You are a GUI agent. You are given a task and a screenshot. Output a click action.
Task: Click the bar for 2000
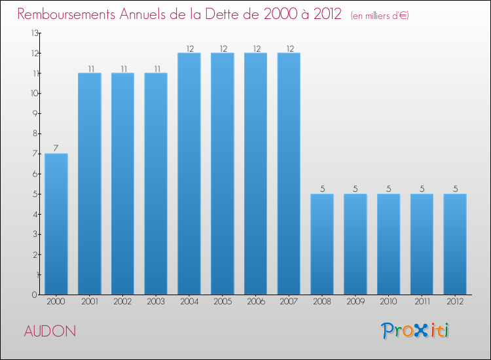click(x=56, y=224)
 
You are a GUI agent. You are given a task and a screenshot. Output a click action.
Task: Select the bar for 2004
click(x=189, y=173)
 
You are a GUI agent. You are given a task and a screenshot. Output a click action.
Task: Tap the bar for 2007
click(x=289, y=173)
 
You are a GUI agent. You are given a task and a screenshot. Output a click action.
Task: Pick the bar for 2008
click(x=322, y=244)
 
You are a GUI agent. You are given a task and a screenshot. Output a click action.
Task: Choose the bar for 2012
click(x=455, y=244)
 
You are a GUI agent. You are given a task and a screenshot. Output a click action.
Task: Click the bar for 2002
click(x=122, y=183)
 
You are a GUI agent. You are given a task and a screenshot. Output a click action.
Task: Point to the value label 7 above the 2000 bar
click(x=56, y=149)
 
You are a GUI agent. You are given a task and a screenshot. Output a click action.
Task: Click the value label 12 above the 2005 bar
click(x=223, y=48)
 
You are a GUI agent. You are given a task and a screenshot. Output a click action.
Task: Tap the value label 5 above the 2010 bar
click(x=389, y=189)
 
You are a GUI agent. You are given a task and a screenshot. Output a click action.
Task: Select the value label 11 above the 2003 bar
click(x=156, y=68)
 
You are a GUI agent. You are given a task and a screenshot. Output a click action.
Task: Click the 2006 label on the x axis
click(x=256, y=301)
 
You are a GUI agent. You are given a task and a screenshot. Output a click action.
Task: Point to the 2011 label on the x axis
click(x=422, y=301)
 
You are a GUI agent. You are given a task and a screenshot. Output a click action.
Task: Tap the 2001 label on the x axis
click(x=90, y=301)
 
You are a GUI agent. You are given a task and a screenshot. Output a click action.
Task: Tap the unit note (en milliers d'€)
click(x=380, y=16)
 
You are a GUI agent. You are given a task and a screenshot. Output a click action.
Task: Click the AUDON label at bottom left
click(x=50, y=331)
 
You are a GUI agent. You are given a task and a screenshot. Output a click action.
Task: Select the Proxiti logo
click(x=416, y=331)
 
